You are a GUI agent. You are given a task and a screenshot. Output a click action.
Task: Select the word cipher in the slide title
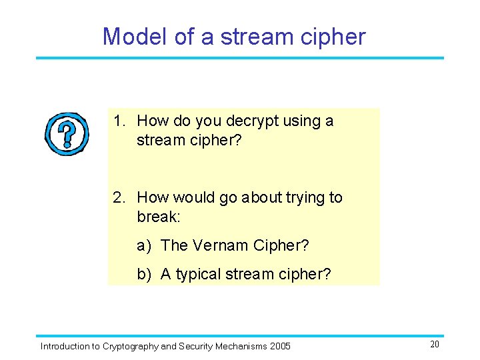coord(333,37)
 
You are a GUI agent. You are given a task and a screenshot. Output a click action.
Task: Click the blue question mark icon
coord(67,133)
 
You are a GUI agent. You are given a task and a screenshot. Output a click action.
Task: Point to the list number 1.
coord(118,121)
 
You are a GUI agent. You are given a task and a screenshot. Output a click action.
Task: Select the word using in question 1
coord(302,121)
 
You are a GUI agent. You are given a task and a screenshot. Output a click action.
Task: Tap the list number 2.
coord(118,197)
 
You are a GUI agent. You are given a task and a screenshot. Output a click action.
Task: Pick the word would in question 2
coord(196,197)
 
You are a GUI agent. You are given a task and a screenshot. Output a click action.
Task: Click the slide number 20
coord(435,344)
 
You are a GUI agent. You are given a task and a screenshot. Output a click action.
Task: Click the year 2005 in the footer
coord(279,346)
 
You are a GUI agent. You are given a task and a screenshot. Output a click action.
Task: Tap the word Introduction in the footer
coord(65,346)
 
